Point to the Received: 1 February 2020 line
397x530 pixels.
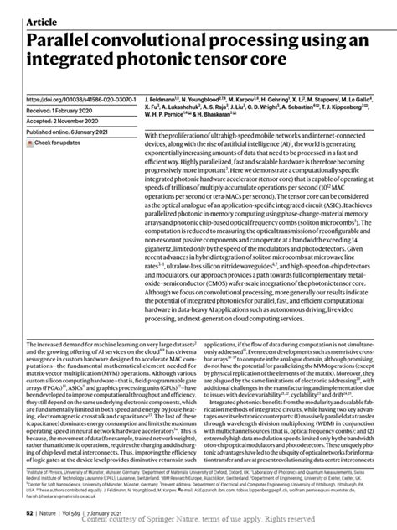tap(69, 109)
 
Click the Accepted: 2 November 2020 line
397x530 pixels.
tap(71, 120)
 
